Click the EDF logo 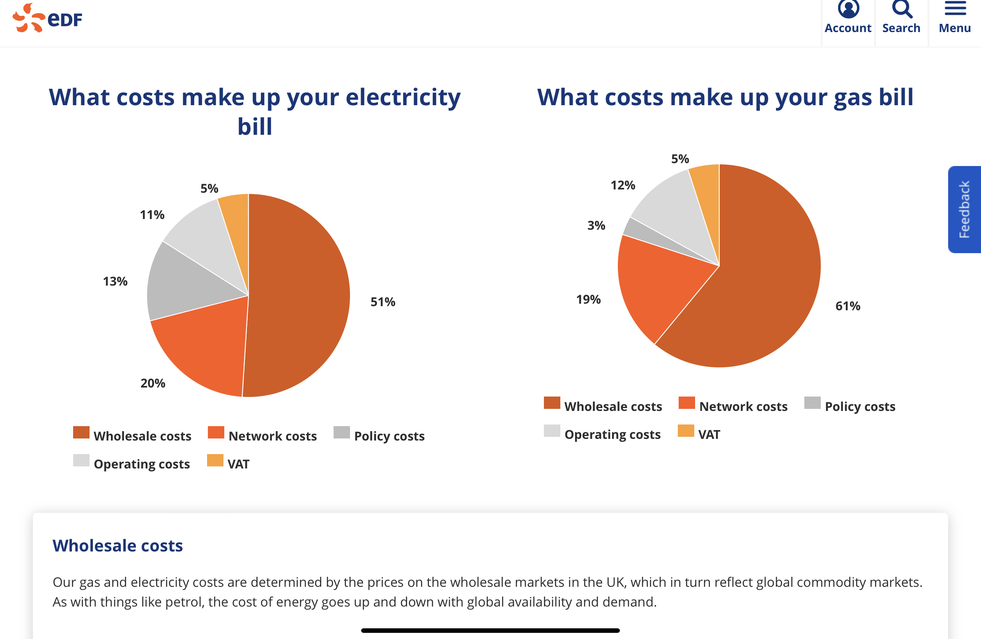(x=47, y=18)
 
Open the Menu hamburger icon (x=955, y=8)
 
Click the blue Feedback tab (x=964, y=210)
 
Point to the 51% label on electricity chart (x=383, y=302)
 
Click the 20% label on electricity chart (x=153, y=383)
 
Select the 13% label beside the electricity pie (x=115, y=281)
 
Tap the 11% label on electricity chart (x=152, y=215)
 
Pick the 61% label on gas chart (x=848, y=306)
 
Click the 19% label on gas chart (x=588, y=299)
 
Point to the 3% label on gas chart (x=596, y=225)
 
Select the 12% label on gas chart (x=623, y=185)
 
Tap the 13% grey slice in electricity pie (x=181, y=284)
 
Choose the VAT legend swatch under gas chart (x=686, y=431)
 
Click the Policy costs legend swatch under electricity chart (x=342, y=432)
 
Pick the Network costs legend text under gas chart (x=743, y=406)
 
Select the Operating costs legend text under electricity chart (x=142, y=464)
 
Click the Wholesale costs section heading (x=118, y=545)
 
